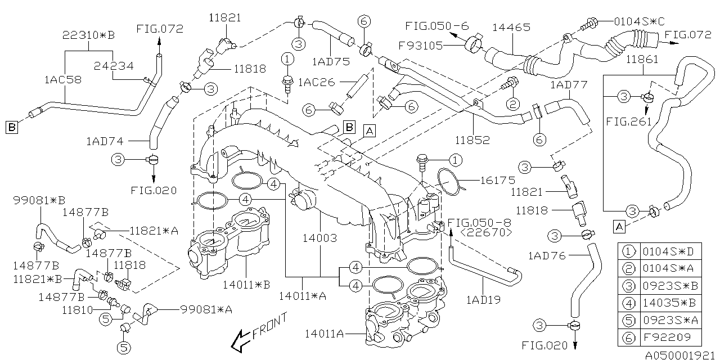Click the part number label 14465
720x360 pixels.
coord(511,28)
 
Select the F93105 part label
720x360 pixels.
coord(420,46)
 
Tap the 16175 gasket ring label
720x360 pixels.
coord(498,181)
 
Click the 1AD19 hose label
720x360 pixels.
coord(483,300)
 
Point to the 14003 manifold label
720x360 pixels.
coord(320,238)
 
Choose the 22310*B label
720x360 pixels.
coord(88,35)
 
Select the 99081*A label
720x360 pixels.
coord(206,309)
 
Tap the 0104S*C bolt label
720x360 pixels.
coord(639,21)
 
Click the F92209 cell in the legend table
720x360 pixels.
coord(667,337)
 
